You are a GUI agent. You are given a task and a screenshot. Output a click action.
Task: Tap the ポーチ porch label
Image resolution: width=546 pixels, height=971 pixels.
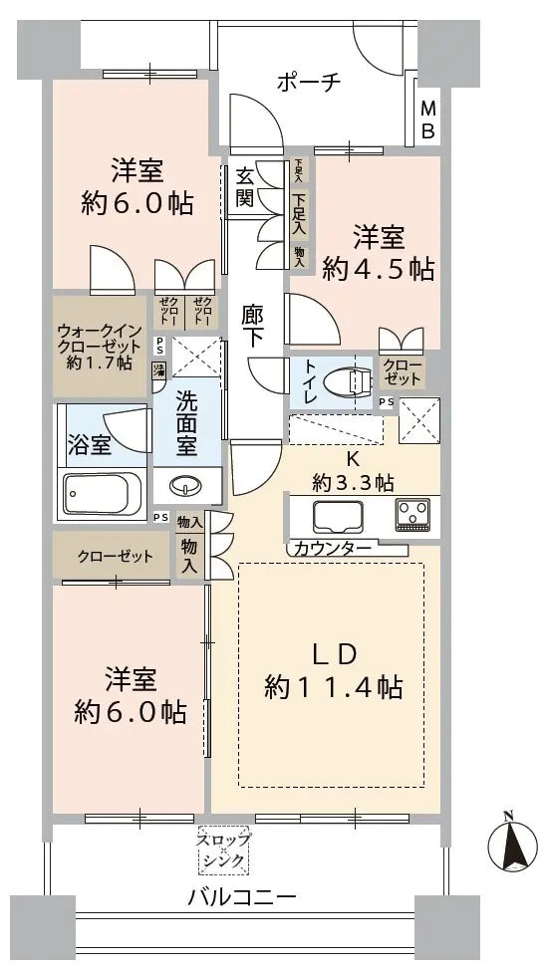[308, 82]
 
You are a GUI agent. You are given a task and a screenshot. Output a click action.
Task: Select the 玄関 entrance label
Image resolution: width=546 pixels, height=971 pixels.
[244, 186]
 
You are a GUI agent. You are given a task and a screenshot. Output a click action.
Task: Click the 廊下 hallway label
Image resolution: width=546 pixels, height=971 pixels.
[254, 325]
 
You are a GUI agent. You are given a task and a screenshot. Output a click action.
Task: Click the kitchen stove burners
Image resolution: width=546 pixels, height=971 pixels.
[411, 515]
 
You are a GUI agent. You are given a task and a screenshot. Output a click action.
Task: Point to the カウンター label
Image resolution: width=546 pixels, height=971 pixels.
[334, 549]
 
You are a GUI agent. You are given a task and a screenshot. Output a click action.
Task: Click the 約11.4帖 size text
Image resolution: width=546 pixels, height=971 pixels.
[334, 686]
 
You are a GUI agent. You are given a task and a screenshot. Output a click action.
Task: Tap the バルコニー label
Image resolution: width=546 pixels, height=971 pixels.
[242, 897]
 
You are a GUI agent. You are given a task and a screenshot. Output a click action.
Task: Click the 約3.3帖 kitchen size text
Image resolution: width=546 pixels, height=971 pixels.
[340, 484]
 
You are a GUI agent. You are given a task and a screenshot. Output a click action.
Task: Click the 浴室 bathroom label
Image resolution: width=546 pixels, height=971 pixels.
[89, 444]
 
